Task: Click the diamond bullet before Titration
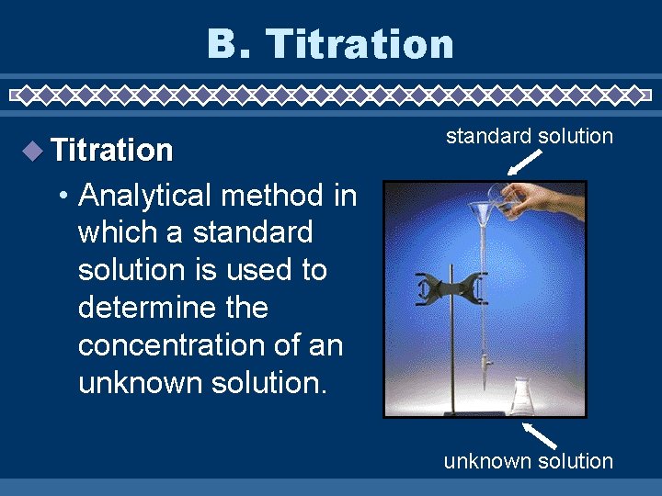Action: (x=33, y=151)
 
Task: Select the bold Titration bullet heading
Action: (x=112, y=151)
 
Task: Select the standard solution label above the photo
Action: (x=529, y=137)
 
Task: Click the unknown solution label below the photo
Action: (x=528, y=461)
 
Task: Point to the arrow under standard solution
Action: (x=524, y=163)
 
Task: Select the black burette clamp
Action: (x=449, y=288)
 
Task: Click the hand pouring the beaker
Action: (x=552, y=195)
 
